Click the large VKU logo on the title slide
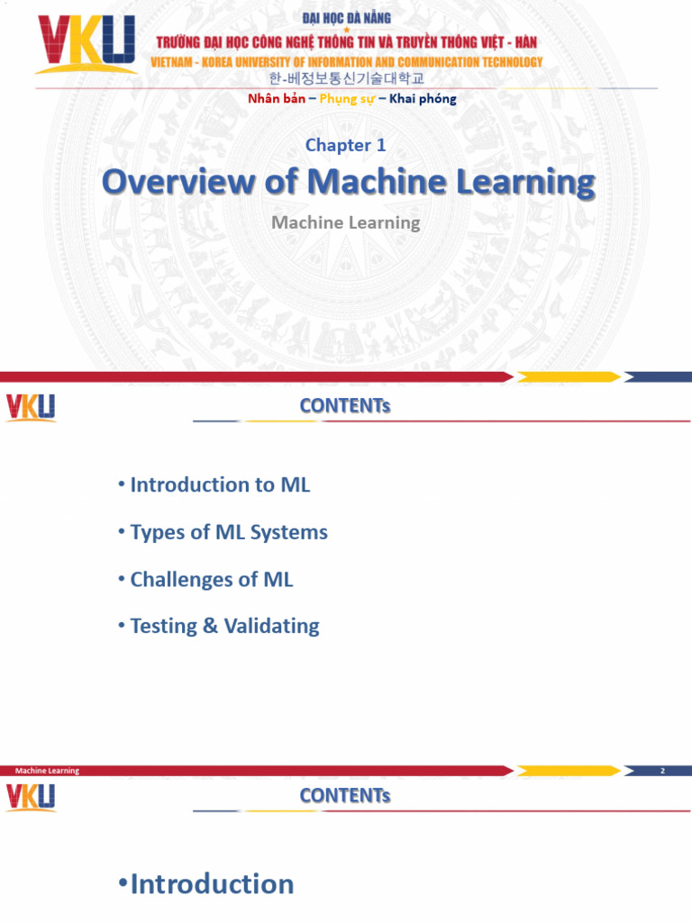tap(86, 45)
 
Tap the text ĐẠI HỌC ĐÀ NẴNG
tap(346, 17)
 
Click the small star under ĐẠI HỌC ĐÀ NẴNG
tap(346, 30)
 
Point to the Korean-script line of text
tap(346, 79)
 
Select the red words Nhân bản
tap(276, 99)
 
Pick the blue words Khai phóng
tap(423, 99)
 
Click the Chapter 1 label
tap(346, 145)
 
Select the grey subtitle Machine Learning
tap(346, 221)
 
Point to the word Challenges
tap(182, 579)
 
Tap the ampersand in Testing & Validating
tap(210, 626)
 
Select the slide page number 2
tap(661, 771)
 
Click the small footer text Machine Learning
tap(47, 771)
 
